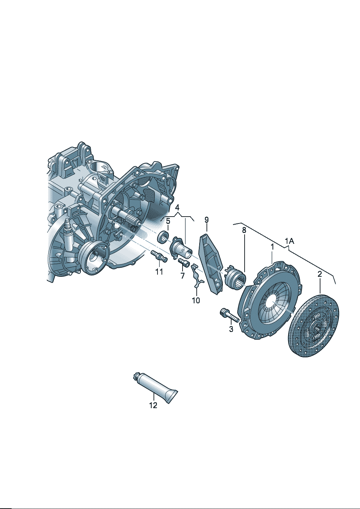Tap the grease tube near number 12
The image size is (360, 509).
[x=155, y=385]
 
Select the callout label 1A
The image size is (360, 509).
[x=290, y=241]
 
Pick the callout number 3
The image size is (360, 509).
[x=231, y=329]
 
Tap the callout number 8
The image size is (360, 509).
[x=244, y=230]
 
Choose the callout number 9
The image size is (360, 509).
[x=206, y=220]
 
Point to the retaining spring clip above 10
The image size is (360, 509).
[x=197, y=276]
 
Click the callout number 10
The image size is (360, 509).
[x=196, y=300]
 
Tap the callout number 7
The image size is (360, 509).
[x=183, y=276]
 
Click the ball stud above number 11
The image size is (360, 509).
[x=159, y=256]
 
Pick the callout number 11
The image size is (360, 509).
[x=159, y=271]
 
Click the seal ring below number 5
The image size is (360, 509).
[x=163, y=237]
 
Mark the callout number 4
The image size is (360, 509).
[x=177, y=207]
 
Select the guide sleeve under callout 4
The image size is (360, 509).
[x=181, y=248]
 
